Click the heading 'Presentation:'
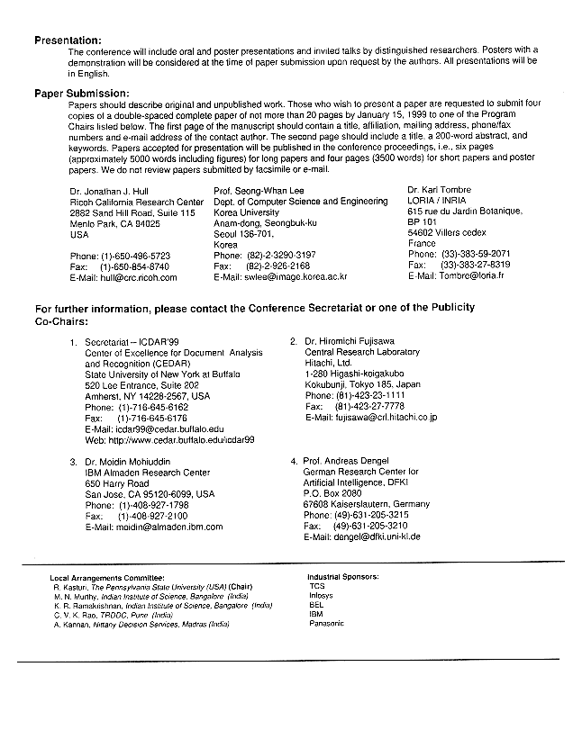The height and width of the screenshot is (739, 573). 68,41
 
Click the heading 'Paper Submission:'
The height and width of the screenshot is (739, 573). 82,93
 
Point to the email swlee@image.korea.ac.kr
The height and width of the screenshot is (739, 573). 294,277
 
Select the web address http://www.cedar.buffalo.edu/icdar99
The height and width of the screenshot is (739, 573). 183,440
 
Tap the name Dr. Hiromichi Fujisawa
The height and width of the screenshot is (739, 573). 352,342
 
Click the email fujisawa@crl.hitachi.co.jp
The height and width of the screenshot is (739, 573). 385,418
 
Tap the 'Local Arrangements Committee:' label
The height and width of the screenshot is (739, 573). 107,576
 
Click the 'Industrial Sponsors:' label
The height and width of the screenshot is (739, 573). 343,576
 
